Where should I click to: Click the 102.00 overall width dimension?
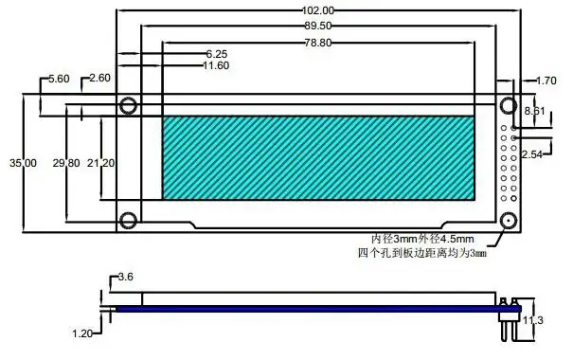[317, 10]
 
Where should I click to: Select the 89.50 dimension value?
[318, 26]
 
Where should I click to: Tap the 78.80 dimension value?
[318, 43]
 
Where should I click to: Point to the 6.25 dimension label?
[217, 54]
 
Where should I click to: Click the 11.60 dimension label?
[216, 65]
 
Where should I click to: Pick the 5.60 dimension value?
[59, 79]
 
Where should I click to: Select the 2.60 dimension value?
[99, 78]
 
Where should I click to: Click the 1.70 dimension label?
[546, 81]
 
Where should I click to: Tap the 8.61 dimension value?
[534, 111]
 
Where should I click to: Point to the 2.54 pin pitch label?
[531, 154]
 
